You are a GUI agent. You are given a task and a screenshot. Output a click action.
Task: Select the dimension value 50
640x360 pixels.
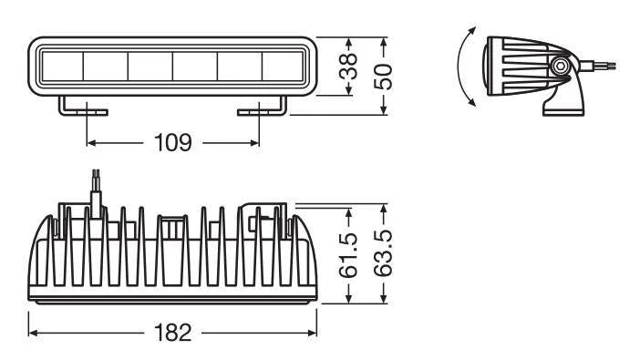(386, 76)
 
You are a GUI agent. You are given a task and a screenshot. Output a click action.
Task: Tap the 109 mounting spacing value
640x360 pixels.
(172, 143)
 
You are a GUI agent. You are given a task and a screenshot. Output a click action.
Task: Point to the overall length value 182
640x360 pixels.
(172, 333)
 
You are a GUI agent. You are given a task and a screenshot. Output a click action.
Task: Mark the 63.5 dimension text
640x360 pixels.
(386, 256)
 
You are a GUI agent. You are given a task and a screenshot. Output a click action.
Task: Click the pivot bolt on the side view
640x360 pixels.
(561, 67)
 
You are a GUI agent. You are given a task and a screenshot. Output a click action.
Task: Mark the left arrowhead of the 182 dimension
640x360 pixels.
(33, 333)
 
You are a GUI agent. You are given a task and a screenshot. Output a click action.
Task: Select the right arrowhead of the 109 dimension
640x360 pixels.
(254, 143)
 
